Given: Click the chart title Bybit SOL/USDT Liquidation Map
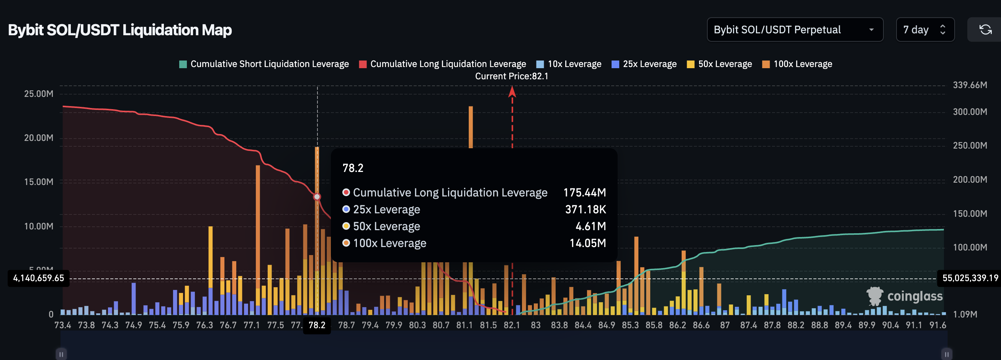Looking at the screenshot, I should (120, 30).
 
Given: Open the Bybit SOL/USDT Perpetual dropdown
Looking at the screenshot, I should (794, 29).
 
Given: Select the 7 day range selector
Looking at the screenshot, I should (924, 29).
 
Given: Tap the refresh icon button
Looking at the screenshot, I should (985, 29).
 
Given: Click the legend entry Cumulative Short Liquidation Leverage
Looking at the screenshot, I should (264, 64).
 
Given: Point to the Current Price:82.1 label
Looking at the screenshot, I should (511, 76).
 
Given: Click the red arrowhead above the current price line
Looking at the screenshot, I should (512, 92).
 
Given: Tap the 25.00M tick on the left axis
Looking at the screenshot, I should (38, 94).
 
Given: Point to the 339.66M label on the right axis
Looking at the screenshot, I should (970, 85).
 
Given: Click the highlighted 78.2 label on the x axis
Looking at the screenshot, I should (317, 325).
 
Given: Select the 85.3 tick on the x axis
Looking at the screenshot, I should (630, 325).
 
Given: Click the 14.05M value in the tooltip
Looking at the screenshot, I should (587, 243).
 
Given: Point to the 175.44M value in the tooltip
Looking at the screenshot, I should (584, 193).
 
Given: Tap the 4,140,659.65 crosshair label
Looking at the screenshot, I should (38, 278).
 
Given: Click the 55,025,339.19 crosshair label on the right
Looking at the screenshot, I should (970, 278).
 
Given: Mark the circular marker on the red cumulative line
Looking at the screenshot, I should (317, 197).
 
